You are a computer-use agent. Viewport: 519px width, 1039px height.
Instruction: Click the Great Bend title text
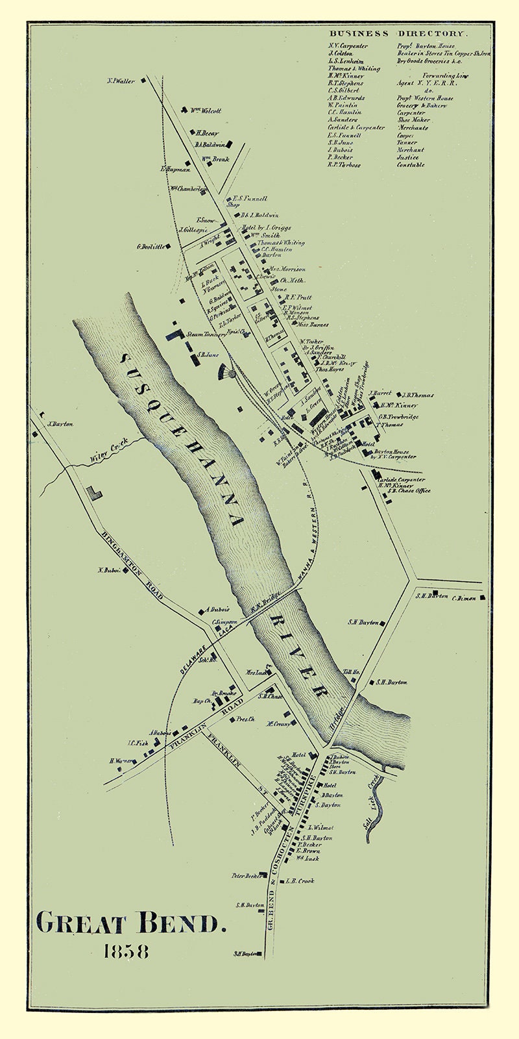tap(132, 922)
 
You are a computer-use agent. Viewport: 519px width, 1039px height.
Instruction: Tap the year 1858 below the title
tap(126, 952)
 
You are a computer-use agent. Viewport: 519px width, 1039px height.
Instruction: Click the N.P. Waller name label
tap(121, 81)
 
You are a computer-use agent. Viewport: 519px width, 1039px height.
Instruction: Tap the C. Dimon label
tap(465, 598)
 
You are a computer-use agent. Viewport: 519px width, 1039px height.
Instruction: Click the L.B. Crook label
tap(300, 881)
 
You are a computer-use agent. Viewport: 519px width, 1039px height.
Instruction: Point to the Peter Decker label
tap(246, 875)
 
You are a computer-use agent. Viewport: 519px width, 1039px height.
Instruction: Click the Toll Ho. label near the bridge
tap(351, 671)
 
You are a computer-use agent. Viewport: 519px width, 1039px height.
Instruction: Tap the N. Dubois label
tap(110, 570)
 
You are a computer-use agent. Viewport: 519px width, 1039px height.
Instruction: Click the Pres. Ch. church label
tap(245, 719)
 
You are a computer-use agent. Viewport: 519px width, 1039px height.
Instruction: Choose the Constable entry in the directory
tap(411, 165)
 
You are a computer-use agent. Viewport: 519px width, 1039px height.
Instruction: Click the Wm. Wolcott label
tap(206, 111)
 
